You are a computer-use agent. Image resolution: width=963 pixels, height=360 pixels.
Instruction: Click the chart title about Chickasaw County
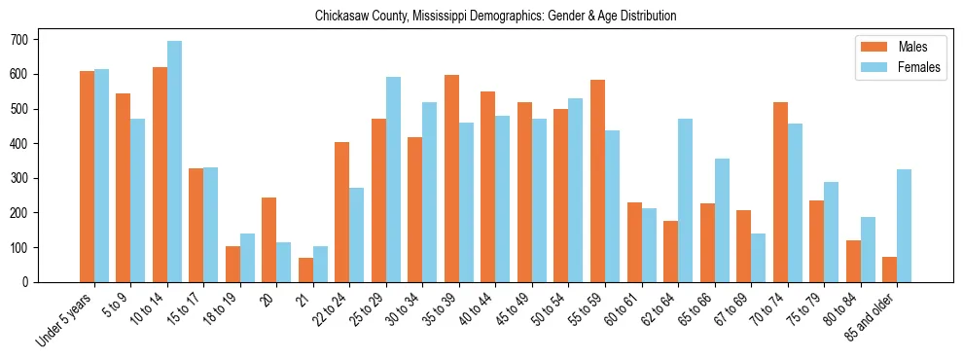[495, 17]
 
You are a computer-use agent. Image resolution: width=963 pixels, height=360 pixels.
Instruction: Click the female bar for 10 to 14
[175, 162]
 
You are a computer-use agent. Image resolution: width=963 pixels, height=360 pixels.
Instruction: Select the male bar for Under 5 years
[87, 176]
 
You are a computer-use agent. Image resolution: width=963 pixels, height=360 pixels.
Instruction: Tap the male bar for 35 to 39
[451, 178]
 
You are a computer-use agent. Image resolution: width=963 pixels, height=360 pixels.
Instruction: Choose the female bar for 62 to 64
[685, 200]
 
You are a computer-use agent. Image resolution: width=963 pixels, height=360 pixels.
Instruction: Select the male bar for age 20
[268, 239]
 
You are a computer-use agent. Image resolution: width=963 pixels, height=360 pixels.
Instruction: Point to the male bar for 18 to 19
[232, 264]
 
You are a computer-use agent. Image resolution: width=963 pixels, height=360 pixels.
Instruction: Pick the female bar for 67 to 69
[758, 258]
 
